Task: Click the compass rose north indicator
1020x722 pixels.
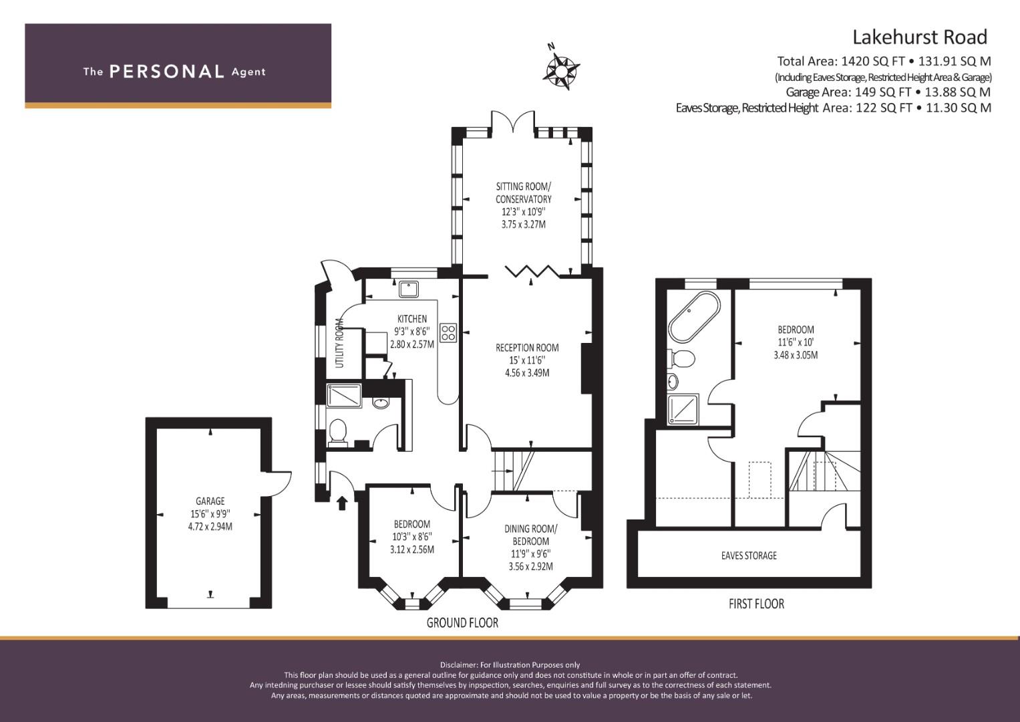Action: point(562,69)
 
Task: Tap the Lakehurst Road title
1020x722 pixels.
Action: point(920,37)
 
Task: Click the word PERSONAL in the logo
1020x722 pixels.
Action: point(167,72)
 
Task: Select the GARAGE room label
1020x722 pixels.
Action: point(210,501)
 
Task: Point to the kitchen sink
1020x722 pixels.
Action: point(408,289)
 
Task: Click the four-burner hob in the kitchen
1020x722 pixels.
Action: point(448,333)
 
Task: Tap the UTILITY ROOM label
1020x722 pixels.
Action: point(339,343)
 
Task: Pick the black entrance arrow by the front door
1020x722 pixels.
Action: point(342,503)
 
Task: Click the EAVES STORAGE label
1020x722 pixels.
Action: point(749,556)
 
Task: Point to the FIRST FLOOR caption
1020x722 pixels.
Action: point(756,604)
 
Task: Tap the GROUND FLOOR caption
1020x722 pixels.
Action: point(462,622)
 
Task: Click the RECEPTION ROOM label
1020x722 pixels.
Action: point(527,348)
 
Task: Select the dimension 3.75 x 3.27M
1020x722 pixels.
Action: point(523,224)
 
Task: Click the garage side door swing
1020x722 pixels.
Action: point(279,483)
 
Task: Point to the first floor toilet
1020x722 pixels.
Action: point(681,358)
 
